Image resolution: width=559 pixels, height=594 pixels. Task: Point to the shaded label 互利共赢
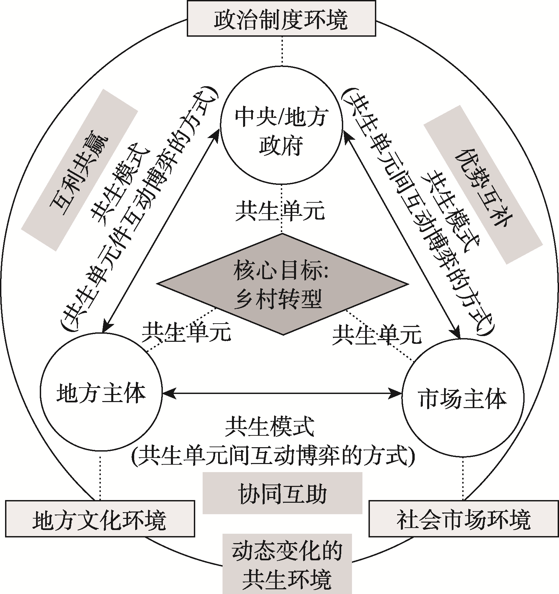[80, 170]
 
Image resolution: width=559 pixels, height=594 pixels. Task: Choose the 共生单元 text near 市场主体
[377, 334]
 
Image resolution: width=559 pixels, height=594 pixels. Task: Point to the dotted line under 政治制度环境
[281, 51]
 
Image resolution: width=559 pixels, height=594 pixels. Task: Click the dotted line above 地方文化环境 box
[100, 478]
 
